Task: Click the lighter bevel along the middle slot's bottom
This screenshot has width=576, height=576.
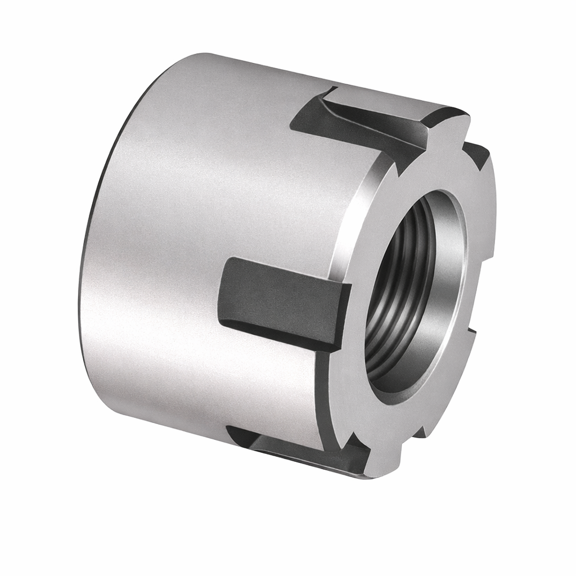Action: point(276,332)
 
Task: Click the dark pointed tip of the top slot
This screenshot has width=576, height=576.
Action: point(400,169)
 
